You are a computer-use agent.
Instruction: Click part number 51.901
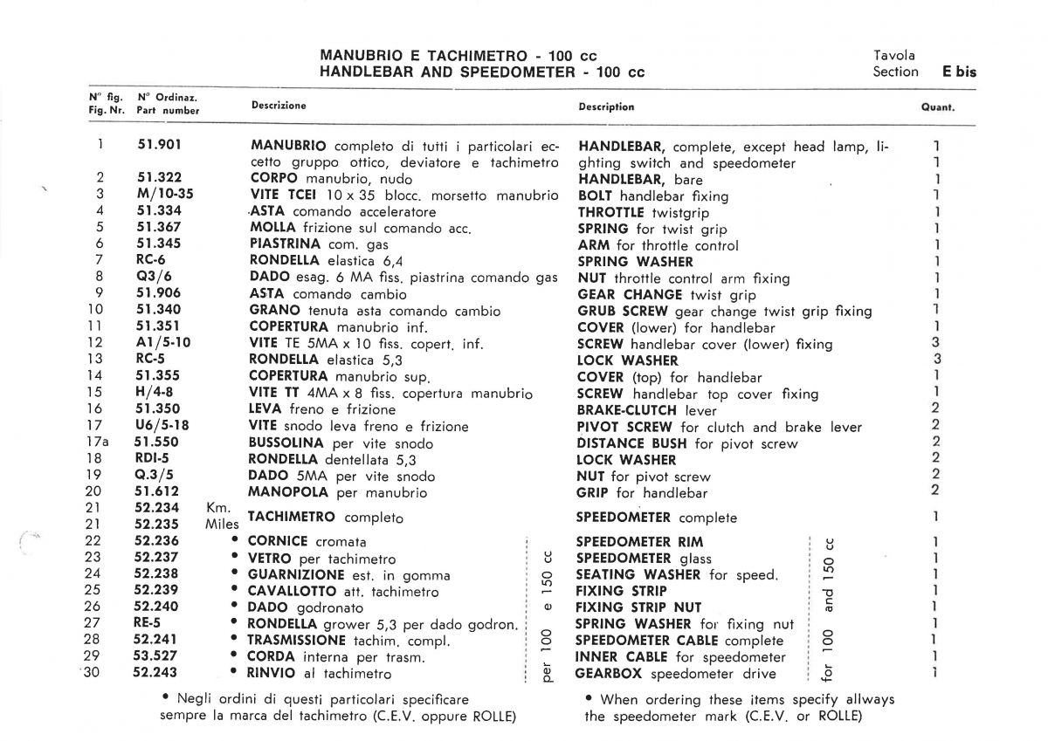click(159, 146)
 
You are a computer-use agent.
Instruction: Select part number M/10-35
click(165, 195)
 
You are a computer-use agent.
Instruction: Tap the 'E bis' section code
click(959, 72)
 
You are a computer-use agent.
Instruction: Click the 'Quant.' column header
click(937, 108)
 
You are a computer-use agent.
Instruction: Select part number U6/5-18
click(162, 426)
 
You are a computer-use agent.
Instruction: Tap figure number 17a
click(102, 443)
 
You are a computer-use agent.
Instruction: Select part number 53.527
click(156, 656)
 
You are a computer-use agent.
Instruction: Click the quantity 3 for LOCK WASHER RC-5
click(936, 360)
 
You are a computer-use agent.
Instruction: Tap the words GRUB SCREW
click(623, 311)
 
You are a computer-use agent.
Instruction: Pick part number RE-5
click(149, 623)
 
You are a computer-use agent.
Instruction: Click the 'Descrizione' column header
click(279, 106)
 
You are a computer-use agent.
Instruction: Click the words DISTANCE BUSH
click(633, 443)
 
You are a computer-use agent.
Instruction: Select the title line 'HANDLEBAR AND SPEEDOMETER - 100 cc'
click(482, 72)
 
